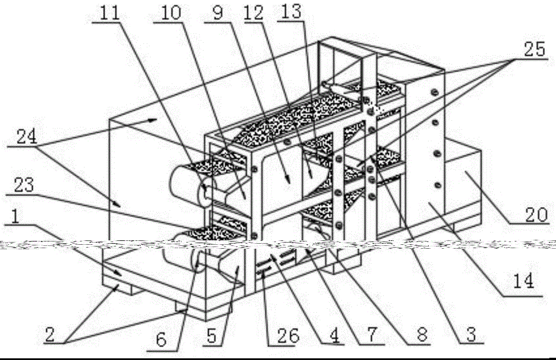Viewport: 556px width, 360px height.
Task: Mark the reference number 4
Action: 334,336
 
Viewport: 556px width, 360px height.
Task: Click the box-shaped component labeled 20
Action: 464,184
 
